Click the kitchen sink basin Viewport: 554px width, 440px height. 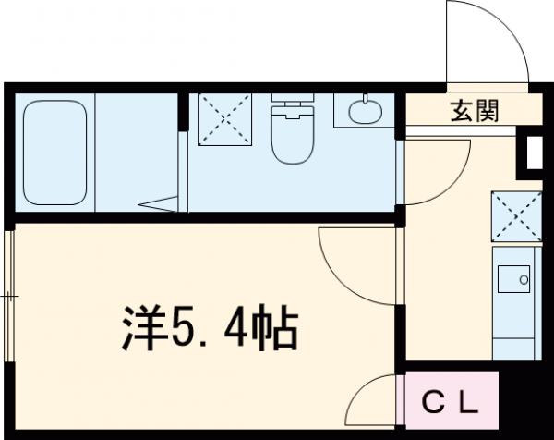(x=512, y=275)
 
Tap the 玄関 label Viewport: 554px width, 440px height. (x=475, y=112)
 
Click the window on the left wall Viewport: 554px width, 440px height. (x=8, y=296)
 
